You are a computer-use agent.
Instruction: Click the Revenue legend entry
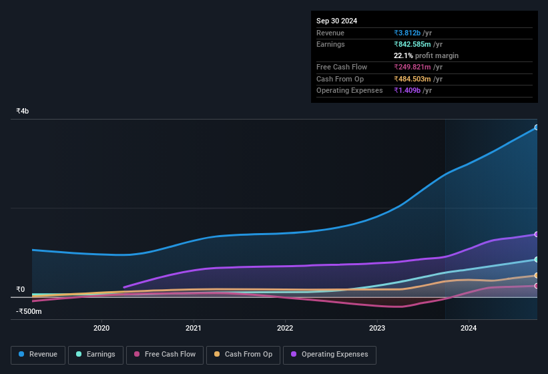[38, 354]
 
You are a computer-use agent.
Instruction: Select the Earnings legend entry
[95, 354]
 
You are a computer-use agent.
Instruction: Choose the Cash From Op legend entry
[244, 354]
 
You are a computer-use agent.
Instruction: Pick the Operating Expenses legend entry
[329, 354]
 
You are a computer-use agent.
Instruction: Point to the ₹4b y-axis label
[23, 111]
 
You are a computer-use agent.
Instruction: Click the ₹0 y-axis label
[21, 289]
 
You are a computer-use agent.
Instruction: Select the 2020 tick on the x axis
[101, 328]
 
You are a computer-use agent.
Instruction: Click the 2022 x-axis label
[285, 328]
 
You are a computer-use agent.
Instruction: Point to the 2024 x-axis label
[469, 328]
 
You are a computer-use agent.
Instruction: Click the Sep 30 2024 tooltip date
[336, 21]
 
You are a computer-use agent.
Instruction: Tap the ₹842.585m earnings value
[417, 44]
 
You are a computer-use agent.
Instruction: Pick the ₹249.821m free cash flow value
[417, 67]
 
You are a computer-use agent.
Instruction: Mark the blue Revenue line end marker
[537, 127]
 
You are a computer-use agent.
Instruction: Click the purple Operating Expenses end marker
[537, 234]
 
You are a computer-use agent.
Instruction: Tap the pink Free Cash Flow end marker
[537, 286]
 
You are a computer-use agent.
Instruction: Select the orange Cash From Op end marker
[537, 275]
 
